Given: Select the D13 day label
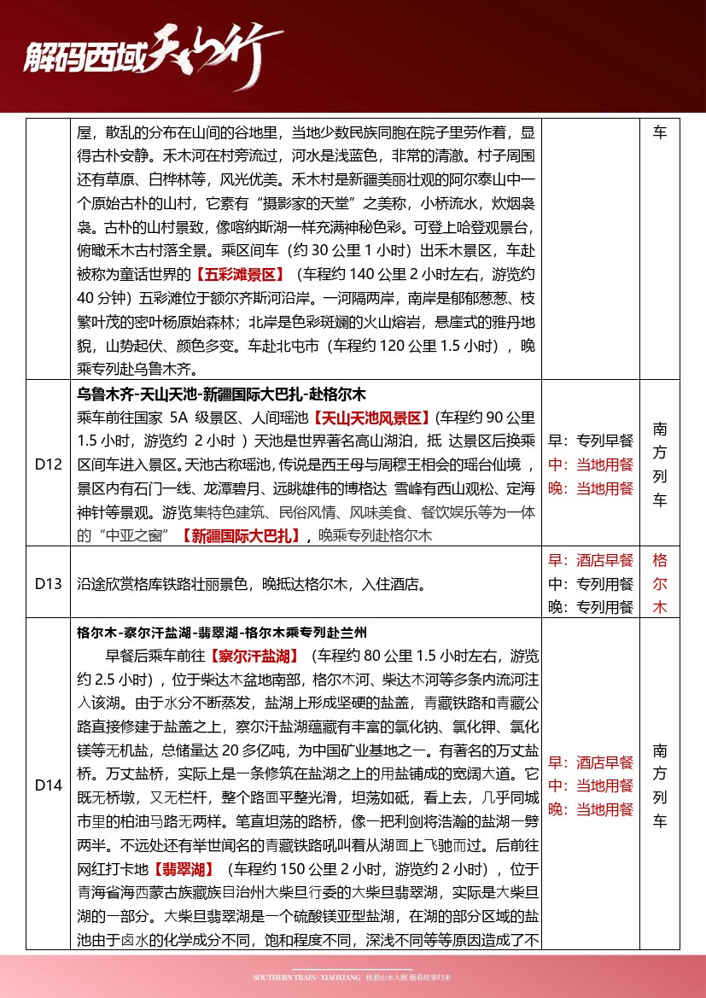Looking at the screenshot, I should pyautogui.click(x=49, y=584).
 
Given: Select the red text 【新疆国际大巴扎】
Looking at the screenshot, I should pyautogui.click(x=239, y=535).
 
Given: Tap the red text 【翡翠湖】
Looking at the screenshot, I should pyautogui.click(x=184, y=872).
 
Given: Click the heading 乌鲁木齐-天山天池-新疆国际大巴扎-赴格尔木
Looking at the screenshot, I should pyautogui.click(x=221, y=394).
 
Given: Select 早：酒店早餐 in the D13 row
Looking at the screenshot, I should pyautogui.click(x=591, y=560).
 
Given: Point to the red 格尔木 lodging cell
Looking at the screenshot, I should pyautogui.click(x=660, y=584).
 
